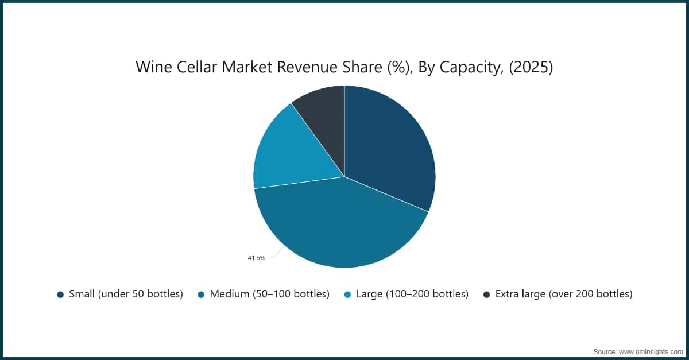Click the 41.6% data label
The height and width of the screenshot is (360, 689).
(x=256, y=258)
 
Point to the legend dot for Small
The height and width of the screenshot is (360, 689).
(x=60, y=295)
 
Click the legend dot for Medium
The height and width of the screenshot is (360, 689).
(x=201, y=295)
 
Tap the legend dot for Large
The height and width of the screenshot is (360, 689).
(x=347, y=295)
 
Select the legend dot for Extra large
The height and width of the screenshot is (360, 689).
(x=486, y=295)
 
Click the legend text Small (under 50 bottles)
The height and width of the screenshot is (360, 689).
(x=126, y=294)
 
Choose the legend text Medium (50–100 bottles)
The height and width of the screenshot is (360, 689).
(x=269, y=294)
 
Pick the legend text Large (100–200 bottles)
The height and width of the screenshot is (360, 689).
(x=412, y=294)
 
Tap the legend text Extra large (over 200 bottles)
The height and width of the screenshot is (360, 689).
(x=563, y=294)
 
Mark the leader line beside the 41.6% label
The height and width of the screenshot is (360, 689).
(x=275, y=254)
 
